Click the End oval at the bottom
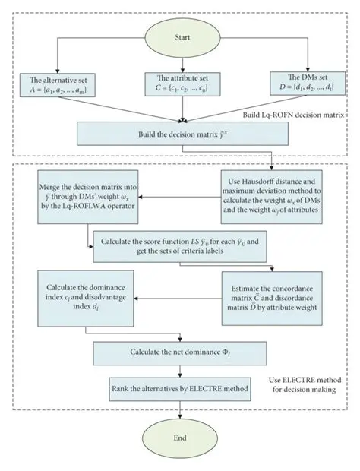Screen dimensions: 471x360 (x=179, y=440)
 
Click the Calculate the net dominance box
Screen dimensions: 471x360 (x=179, y=352)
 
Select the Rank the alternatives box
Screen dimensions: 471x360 (x=179, y=388)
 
